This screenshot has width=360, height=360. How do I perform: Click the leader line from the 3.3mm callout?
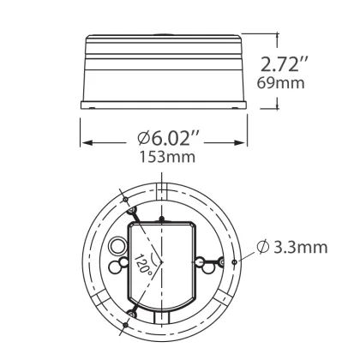(x=245, y=255)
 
